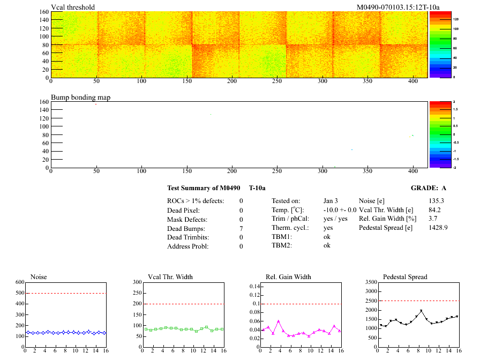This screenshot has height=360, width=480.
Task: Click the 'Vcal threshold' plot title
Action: click(x=73, y=7)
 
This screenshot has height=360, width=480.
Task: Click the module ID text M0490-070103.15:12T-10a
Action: click(x=398, y=7)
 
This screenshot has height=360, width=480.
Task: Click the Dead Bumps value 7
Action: click(x=241, y=228)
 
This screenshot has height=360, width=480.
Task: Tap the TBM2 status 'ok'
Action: click(x=327, y=245)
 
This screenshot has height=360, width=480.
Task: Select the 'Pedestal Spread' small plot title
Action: click(x=405, y=276)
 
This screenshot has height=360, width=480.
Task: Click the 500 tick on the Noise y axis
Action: click(x=20, y=293)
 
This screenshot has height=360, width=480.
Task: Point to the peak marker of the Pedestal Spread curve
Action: click(x=421, y=311)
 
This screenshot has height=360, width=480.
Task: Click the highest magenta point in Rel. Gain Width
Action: click(x=279, y=321)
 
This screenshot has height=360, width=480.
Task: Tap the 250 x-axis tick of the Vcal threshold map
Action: click(x=277, y=81)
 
